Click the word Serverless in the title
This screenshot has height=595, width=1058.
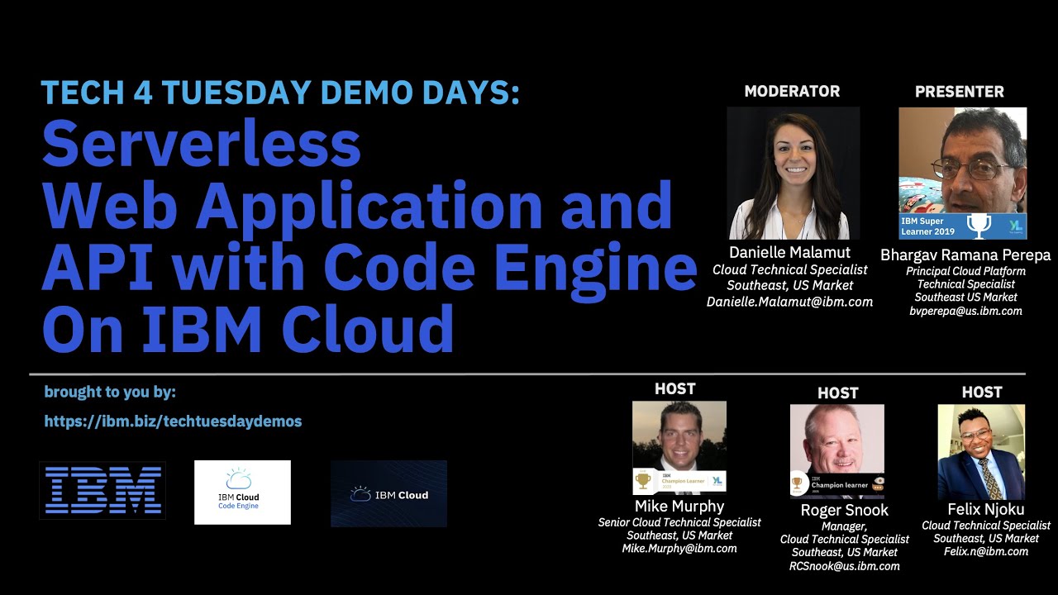(x=201, y=145)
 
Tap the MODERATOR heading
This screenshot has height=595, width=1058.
(x=792, y=92)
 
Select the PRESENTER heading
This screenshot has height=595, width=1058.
(x=960, y=92)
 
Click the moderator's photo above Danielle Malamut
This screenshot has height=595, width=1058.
(x=793, y=173)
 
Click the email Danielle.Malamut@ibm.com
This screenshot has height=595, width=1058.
(x=789, y=302)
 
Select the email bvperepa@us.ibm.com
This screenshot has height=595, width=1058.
(x=965, y=312)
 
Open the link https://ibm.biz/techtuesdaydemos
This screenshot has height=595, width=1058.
(x=173, y=421)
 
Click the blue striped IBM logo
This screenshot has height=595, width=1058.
(x=102, y=490)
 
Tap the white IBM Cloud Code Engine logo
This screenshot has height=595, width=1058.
(x=242, y=492)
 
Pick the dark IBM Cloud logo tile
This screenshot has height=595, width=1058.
(x=388, y=493)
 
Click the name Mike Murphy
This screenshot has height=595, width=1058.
(x=679, y=506)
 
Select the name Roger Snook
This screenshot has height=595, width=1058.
(x=844, y=510)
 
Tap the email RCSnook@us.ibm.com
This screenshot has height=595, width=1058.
(x=844, y=566)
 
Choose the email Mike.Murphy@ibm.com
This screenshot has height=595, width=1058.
(x=679, y=548)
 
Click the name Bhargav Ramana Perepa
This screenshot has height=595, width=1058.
(x=965, y=255)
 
